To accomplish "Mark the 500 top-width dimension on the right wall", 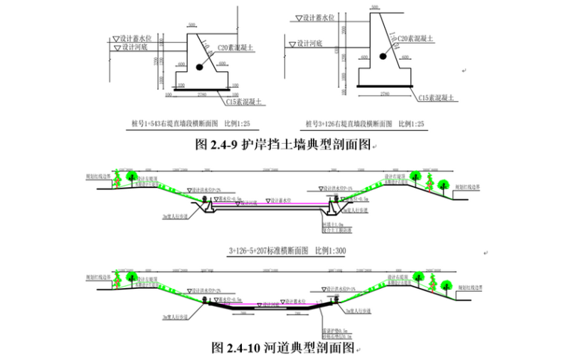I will (x=371, y=6).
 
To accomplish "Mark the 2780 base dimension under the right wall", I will (x=385, y=94).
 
